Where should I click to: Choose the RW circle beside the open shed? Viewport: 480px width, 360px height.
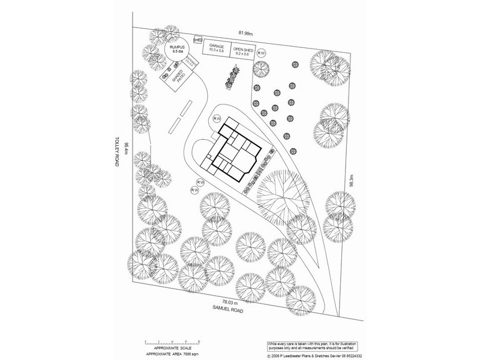point(261,53)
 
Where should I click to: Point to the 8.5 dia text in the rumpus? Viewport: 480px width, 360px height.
point(176,53)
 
